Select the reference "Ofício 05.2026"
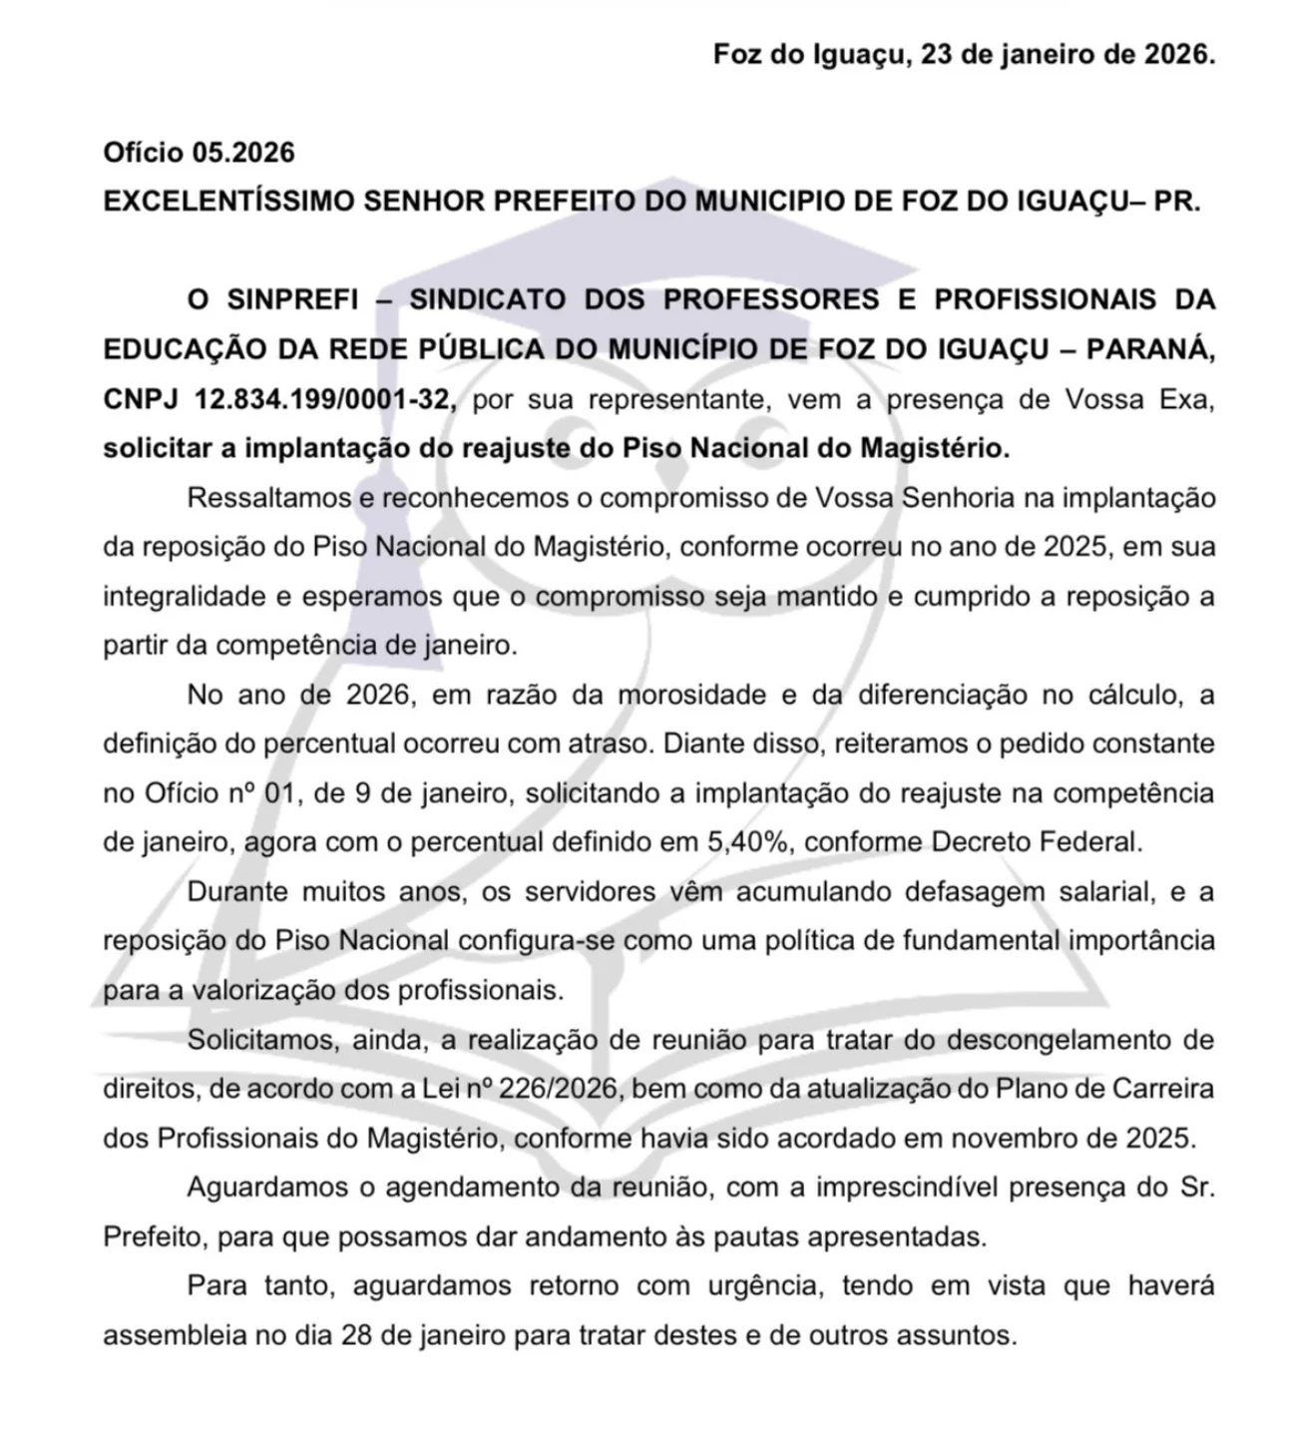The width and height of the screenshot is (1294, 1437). coord(200,153)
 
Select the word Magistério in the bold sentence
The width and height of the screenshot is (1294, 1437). coord(935,448)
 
